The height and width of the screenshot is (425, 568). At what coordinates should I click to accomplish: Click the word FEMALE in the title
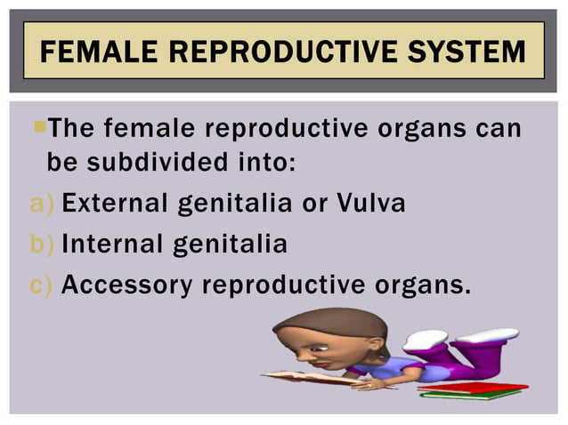[x=101, y=52]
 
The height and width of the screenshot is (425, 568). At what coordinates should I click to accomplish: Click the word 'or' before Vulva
[x=314, y=204]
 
